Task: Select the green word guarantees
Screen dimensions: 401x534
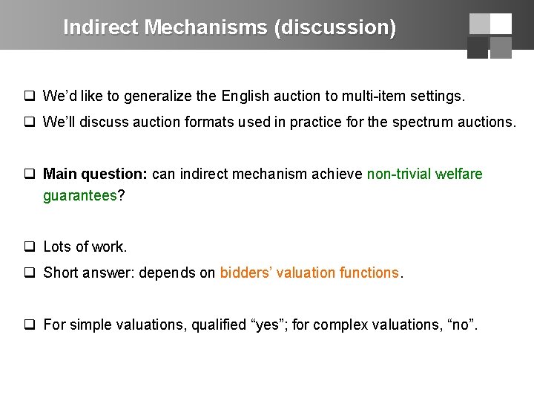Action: pos(80,195)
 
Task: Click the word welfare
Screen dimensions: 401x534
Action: pos(459,175)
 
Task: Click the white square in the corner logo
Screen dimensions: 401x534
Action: pos(501,24)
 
